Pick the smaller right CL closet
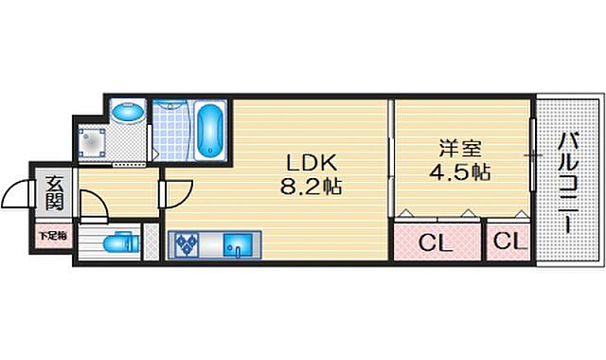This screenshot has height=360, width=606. pyautogui.click(x=508, y=242)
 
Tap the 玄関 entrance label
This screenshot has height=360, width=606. pyautogui.click(x=52, y=193)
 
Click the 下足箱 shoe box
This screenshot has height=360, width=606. pyautogui.click(x=50, y=233)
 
